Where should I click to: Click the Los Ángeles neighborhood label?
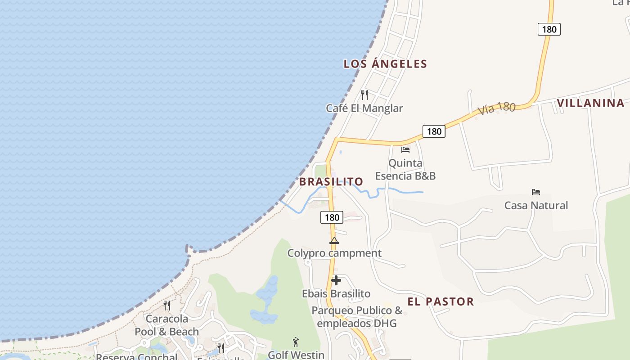(x=385, y=64)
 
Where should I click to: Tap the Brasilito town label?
(x=331, y=182)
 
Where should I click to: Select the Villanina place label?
(x=590, y=103)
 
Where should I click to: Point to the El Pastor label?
(x=441, y=301)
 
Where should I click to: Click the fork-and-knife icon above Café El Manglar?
(x=364, y=95)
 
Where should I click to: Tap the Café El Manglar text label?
(x=364, y=108)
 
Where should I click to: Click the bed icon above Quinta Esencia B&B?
(x=405, y=149)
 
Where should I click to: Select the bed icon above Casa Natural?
(x=535, y=192)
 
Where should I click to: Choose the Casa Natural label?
(x=536, y=206)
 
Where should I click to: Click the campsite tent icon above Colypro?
(x=334, y=240)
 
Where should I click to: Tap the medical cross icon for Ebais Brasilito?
(x=336, y=280)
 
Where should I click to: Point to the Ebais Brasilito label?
(x=336, y=294)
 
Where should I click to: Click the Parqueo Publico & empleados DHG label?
(x=357, y=317)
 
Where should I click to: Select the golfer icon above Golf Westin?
(x=296, y=342)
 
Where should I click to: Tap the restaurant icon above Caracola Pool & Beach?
(x=167, y=306)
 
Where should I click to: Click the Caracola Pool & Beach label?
(x=167, y=325)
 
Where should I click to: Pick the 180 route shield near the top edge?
(x=549, y=30)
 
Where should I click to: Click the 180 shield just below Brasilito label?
(x=332, y=217)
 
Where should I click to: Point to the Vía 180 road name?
(x=496, y=108)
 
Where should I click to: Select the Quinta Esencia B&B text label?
(x=405, y=169)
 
